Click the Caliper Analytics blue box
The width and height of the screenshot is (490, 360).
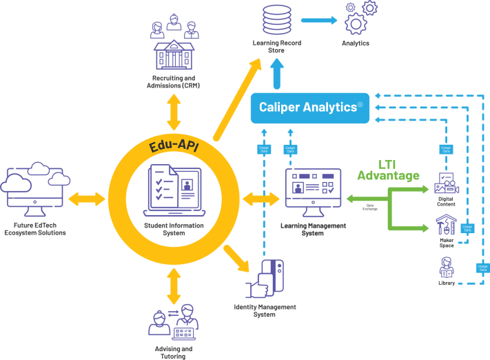(310, 107)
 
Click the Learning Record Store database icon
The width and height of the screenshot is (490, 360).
(277, 21)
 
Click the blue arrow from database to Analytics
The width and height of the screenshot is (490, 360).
(318, 21)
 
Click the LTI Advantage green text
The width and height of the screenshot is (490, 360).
(388, 170)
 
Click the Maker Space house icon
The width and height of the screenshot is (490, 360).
(446, 226)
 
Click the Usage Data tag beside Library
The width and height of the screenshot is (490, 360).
(482, 267)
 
